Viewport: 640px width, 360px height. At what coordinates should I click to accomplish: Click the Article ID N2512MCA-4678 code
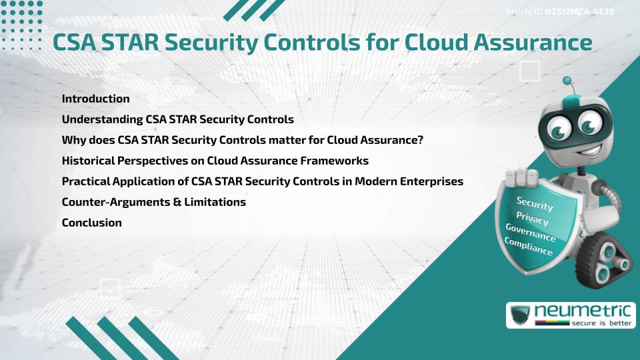click(x=579, y=12)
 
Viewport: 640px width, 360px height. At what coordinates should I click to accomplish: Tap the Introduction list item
click(x=95, y=99)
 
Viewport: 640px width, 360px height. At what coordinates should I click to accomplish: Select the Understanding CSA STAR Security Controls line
click(x=177, y=119)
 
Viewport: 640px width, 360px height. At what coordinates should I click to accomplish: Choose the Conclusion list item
click(x=91, y=223)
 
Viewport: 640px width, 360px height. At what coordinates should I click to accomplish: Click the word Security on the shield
click(x=535, y=204)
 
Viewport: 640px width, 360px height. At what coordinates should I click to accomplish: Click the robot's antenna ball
click(x=568, y=81)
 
